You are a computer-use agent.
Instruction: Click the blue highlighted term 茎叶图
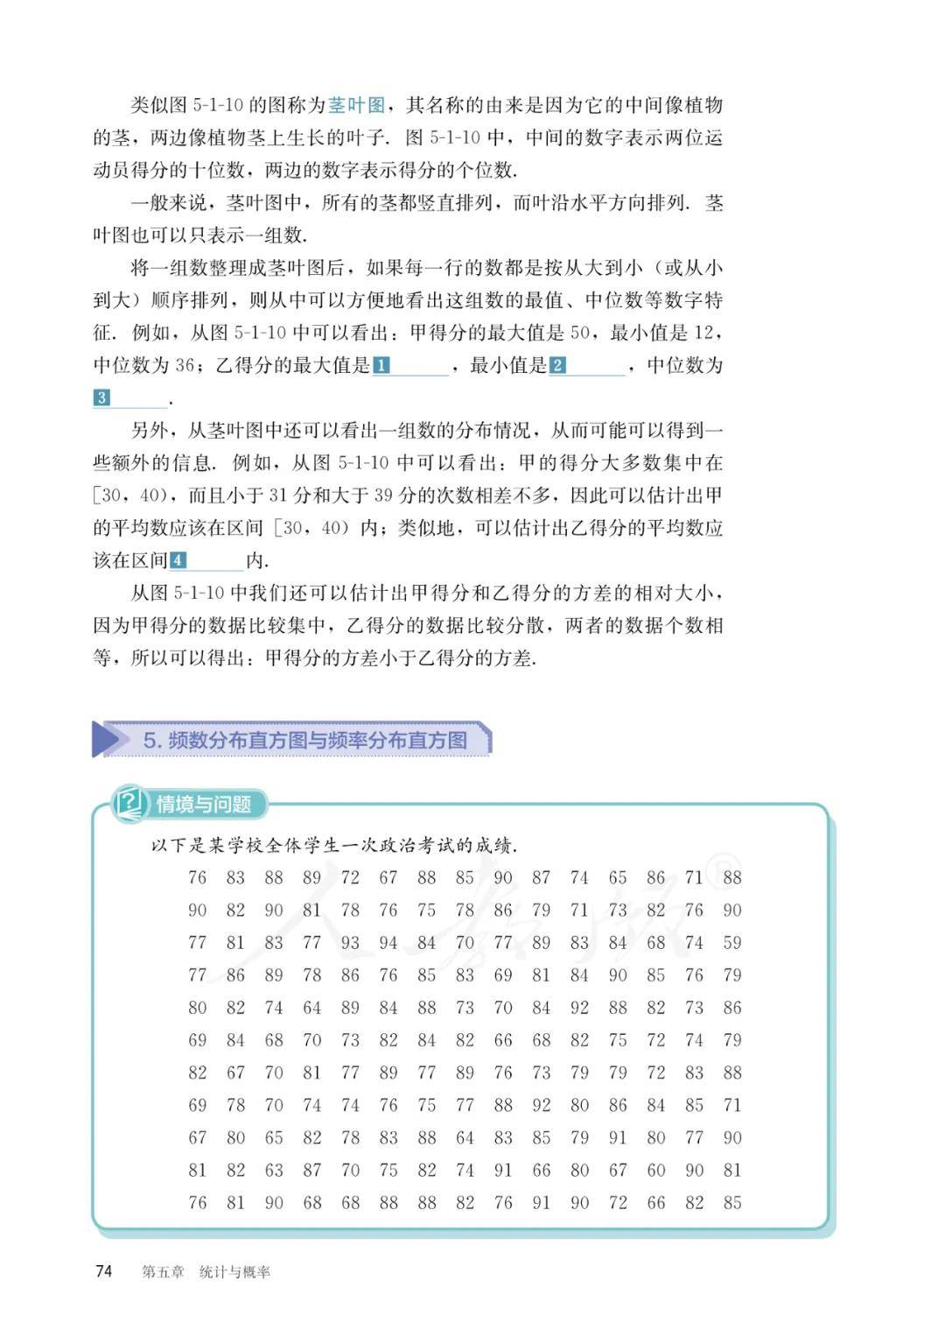[x=356, y=105]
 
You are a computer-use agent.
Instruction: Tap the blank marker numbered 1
[x=381, y=365]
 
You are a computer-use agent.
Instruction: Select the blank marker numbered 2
[x=557, y=365]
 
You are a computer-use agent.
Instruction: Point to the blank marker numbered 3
[x=101, y=397]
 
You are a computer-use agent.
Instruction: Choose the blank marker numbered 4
[x=178, y=560]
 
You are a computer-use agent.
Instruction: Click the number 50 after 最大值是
[x=580, y=333]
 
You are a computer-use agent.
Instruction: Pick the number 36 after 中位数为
[x=184, y=365]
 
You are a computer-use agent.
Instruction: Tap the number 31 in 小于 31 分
[x=277, y=496]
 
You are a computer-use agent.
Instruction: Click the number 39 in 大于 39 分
[x=383, y=496]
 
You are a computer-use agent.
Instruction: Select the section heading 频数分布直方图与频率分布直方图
[x=305, y=740]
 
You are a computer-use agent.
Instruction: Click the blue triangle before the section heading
[x=107, y=740]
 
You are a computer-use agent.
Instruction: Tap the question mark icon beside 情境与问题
[x=130, y=802]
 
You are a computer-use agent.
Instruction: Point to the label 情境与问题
[x=204, y=804]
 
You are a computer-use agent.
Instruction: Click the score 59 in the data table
[x=732, y=943]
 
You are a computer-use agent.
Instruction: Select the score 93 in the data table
[x=350, y=943]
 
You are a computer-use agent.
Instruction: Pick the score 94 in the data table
[x=388, y=943]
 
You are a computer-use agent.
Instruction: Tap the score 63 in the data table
[x=274, y=1170]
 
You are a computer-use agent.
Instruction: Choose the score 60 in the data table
[x=656, y=1170]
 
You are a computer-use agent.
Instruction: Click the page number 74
[x=104, y=1271]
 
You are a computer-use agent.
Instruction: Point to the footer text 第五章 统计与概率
[x=206, y=1272]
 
